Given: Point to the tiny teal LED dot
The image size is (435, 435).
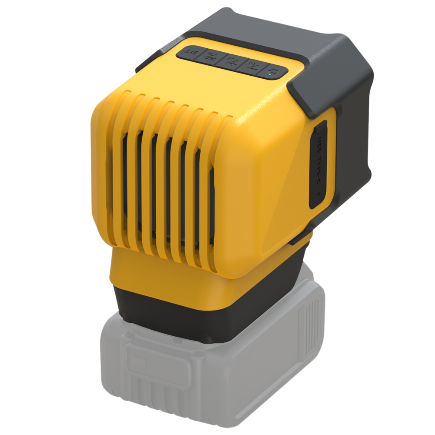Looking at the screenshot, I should (x=271, y=74).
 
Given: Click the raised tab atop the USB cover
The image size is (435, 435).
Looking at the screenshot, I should (x=321, y=126).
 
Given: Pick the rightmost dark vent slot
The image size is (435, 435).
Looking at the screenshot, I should (x=212, y=209).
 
